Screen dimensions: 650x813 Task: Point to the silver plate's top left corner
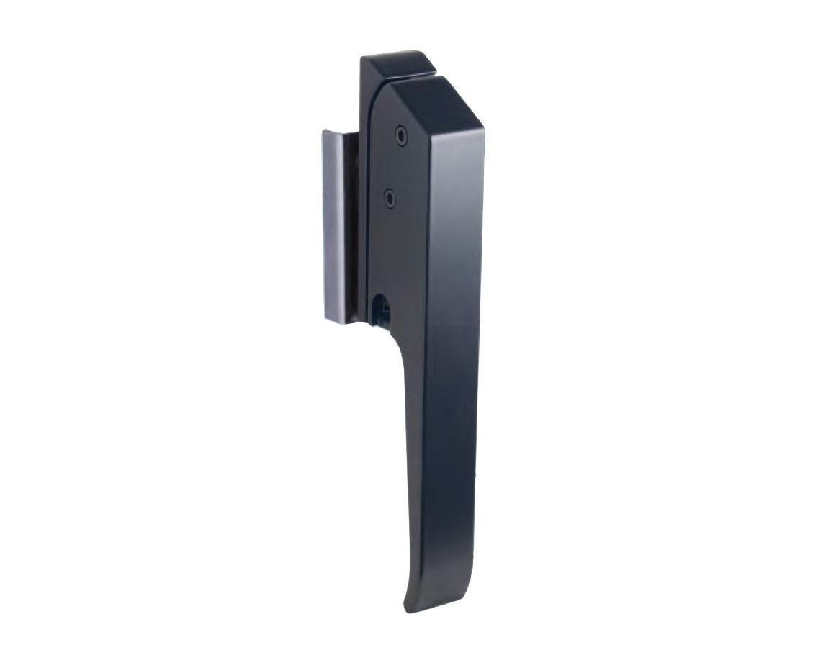(x=316, y=131)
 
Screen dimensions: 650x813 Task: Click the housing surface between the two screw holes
(x=395, y=166)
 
